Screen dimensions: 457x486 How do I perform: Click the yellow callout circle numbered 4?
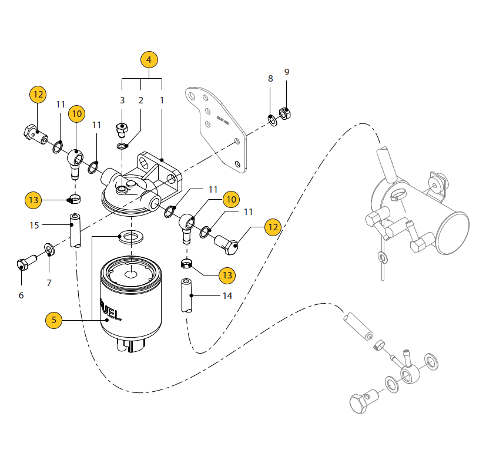pyautogui.click(x=149, y=60)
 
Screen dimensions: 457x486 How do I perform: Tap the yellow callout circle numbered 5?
pyautogui.click(x=54, y=320)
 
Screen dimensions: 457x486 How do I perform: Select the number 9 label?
pyautogui.click(x=287, y=72)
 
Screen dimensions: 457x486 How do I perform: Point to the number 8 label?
pyautogui.click(x=270, y=79)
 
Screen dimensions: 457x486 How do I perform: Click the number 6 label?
pyautogui.click(x=21, y=295)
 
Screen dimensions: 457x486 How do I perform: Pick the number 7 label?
pyautogui.click(x=49, y=283)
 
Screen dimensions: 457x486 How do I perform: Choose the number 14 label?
pyautogui.click(x=227, y=295)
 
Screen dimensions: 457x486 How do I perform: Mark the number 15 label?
pyautogui.click(x=34, y=225)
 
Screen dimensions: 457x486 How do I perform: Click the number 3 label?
pyautogui.click(x=122, y=100)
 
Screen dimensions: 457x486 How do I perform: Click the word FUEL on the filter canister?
pyautogui.click(x=112, y=311)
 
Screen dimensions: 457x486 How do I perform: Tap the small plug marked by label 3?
pyautogui.click(x=122, y=127)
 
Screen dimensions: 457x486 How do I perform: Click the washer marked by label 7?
pyautogui.click(x=49, y=250)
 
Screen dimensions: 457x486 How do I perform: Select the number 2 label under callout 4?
pyautogui.click(x=141, y=100)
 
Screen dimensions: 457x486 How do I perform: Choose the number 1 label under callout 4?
pyautogui.click(x=162, y=100)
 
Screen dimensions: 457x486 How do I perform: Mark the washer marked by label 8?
pyautogui.click(x=273, y=120)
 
